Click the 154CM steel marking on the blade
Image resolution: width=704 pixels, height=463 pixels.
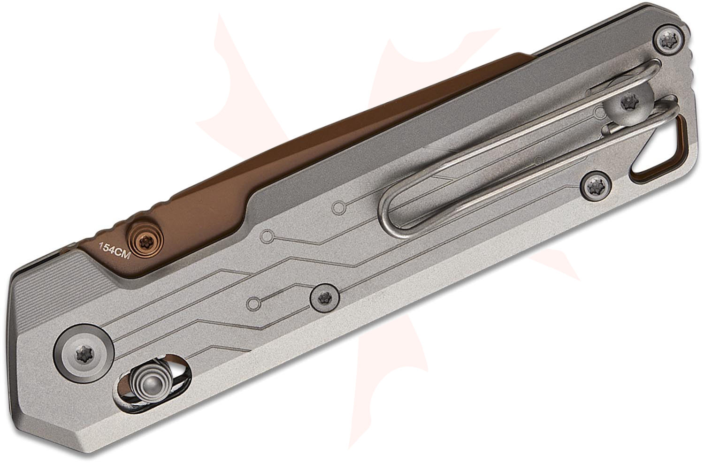coord(115,250)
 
